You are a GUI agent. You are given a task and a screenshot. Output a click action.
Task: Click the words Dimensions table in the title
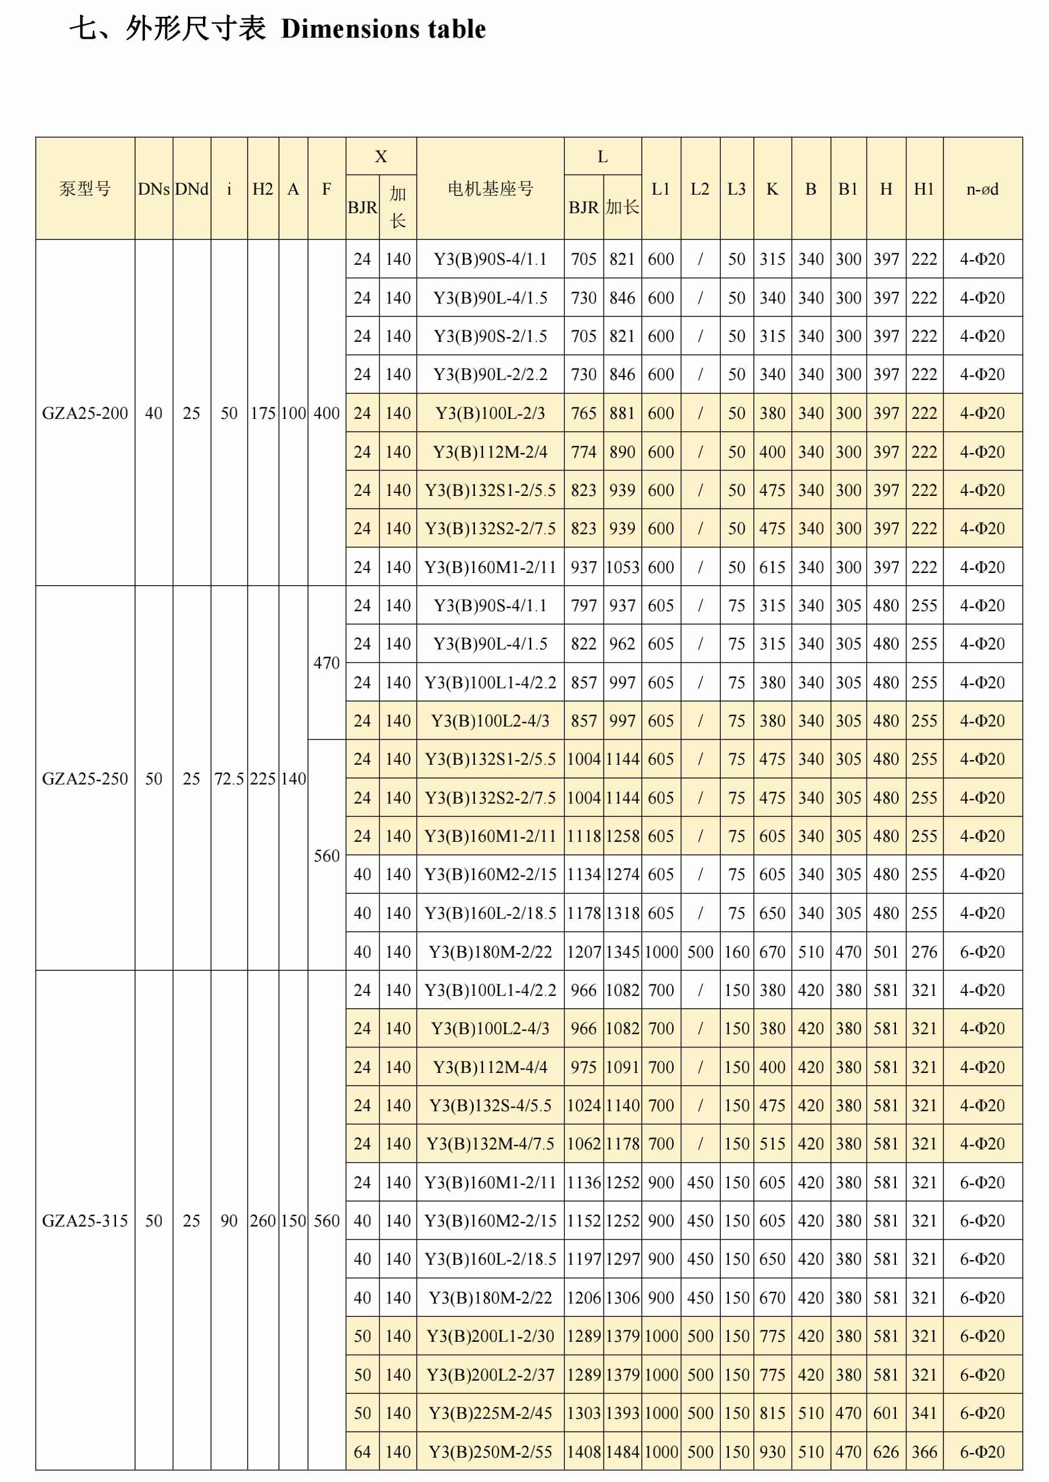(x=383, y=29)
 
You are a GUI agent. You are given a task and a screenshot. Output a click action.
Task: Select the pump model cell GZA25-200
(x=85, y=413)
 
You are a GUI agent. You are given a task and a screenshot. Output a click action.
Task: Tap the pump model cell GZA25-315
(x=85, y=1221)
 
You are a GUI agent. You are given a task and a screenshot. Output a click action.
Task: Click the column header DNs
(x=153, y=189)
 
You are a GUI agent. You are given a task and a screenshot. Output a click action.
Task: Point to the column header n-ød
(x=982, y=189)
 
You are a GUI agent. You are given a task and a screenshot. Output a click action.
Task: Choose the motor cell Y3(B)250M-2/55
(x=490, y=1452)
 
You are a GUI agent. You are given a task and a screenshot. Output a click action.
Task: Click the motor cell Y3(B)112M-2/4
(x=490, y=452)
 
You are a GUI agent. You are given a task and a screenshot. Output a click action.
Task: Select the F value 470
(x=326, y=663)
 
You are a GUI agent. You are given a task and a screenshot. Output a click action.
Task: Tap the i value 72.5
(x=228, y=779)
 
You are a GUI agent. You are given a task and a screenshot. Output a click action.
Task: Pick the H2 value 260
(x=262, y=1221)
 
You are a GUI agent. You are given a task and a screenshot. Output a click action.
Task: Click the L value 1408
(x=583, y=1452)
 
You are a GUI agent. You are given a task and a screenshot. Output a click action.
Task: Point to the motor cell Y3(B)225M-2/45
(x=490, y=1413)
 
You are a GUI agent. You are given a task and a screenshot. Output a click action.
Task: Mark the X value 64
(x=362, y=1452)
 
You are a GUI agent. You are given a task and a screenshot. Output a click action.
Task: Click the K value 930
(x=772, y=1452)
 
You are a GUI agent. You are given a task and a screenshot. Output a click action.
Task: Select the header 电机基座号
(x=490, y=189)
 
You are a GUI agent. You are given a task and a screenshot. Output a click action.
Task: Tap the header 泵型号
(x=85, y=189)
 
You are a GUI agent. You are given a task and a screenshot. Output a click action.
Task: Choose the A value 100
(x=293, y=413)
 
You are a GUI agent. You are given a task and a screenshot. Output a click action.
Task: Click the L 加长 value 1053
(x=622, y=567)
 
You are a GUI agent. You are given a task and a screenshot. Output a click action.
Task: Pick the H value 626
(x=885, y=1452)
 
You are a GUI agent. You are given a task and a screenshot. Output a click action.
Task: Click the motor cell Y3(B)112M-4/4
(x=490, y=1067)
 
